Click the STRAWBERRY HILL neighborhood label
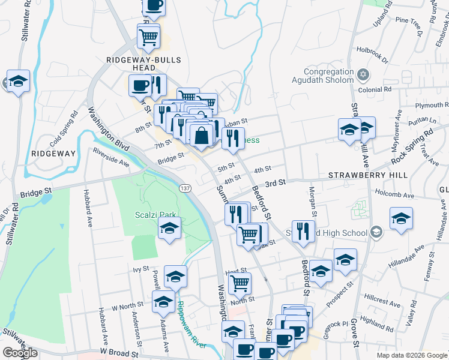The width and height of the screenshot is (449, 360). tap(368, 175)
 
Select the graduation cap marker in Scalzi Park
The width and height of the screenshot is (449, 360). tap(170, 228)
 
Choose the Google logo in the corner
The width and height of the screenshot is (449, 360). tap(20, 353)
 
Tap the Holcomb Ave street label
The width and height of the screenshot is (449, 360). tap(394, 195)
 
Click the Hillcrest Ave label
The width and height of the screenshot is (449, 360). tap(382, 301)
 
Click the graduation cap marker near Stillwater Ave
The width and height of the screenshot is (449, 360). tap(18, 82)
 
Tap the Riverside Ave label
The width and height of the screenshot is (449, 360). tap(111, 157)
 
